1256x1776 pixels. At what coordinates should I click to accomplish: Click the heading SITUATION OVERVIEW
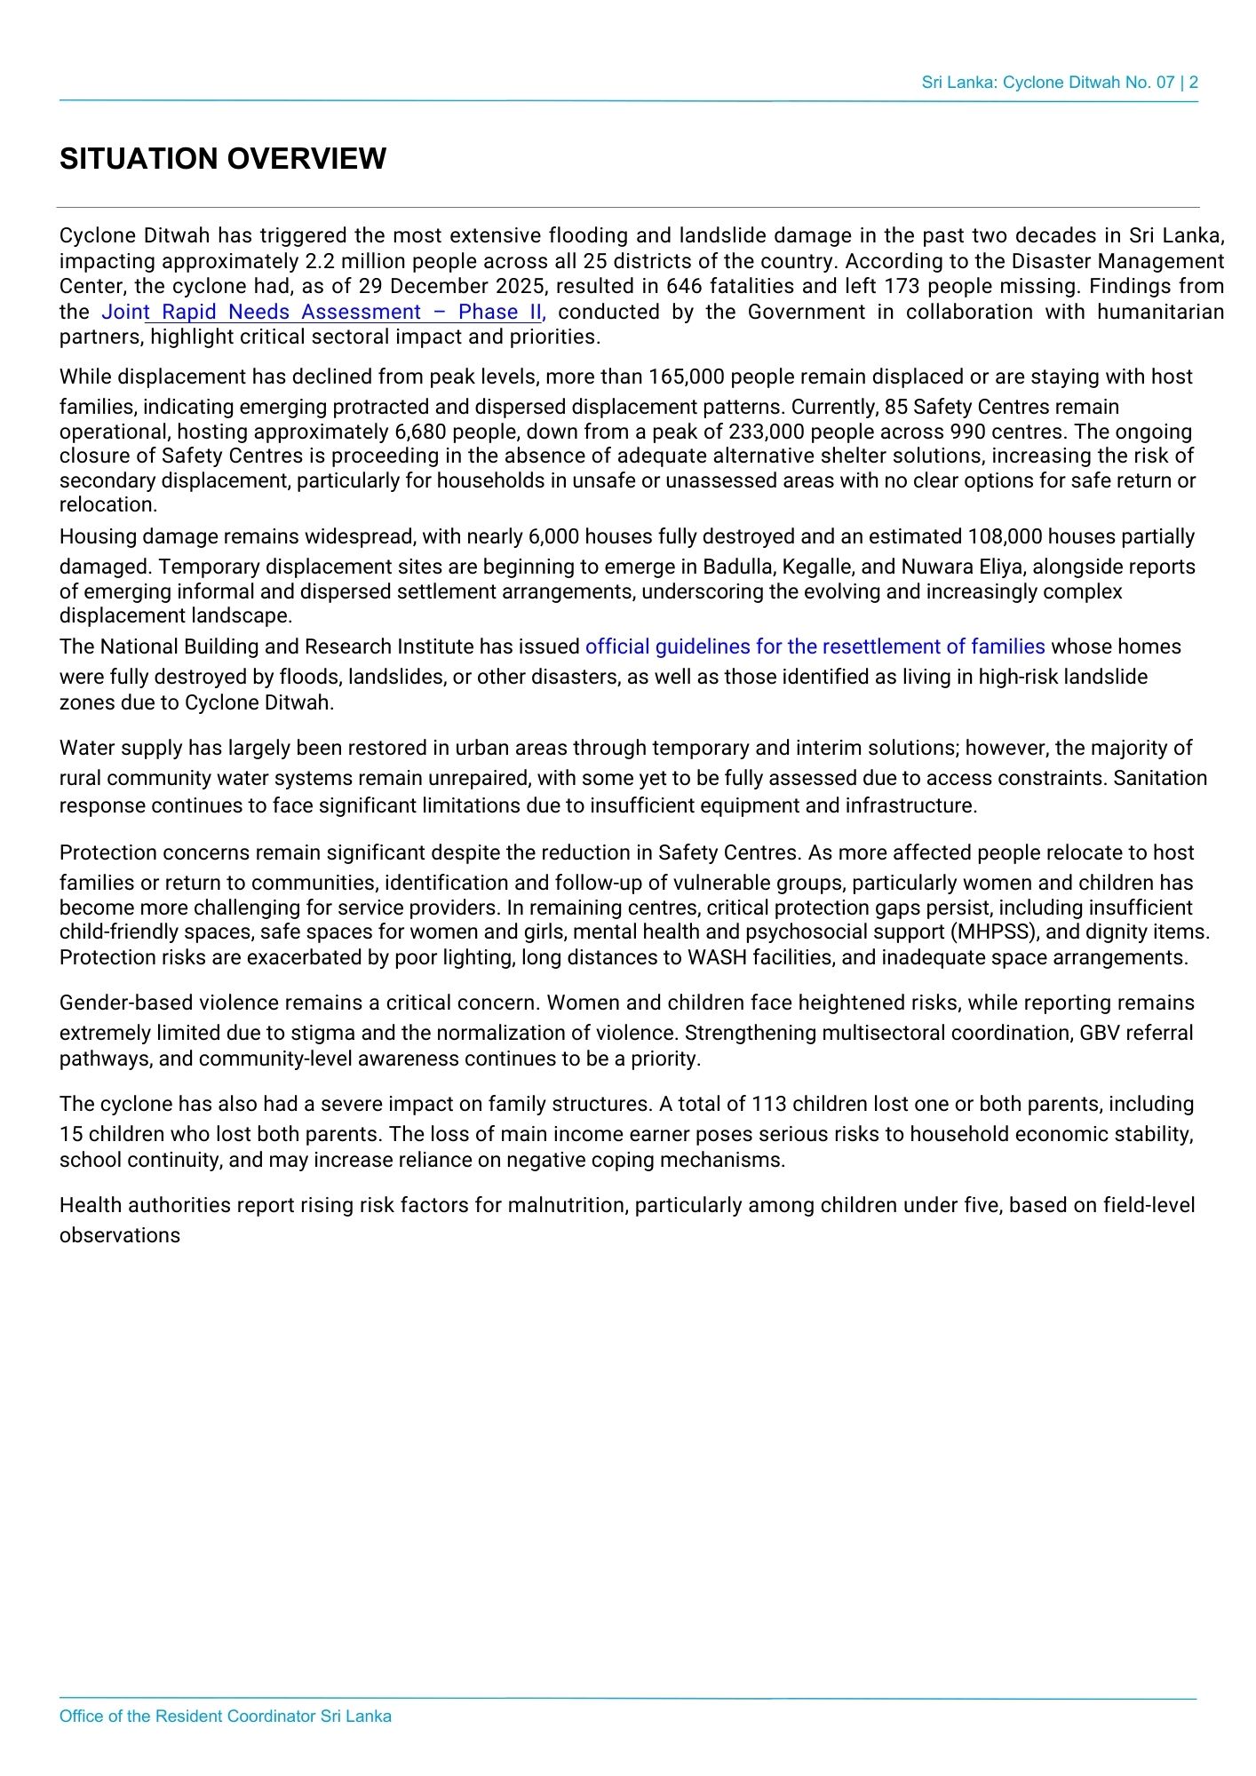(x=222, y=159)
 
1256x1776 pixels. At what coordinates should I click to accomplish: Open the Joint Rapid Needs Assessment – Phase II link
(x=321, y=313)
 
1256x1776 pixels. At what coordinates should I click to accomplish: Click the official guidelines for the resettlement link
(x=815, y=647)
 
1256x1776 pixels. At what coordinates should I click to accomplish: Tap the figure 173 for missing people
(x=902, y=287)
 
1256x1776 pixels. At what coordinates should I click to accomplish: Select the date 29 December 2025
(x=451, y=287)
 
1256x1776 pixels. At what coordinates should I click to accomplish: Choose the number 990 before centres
(x=967, y=432)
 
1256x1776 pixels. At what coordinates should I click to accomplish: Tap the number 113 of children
(x=768, y=1105)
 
